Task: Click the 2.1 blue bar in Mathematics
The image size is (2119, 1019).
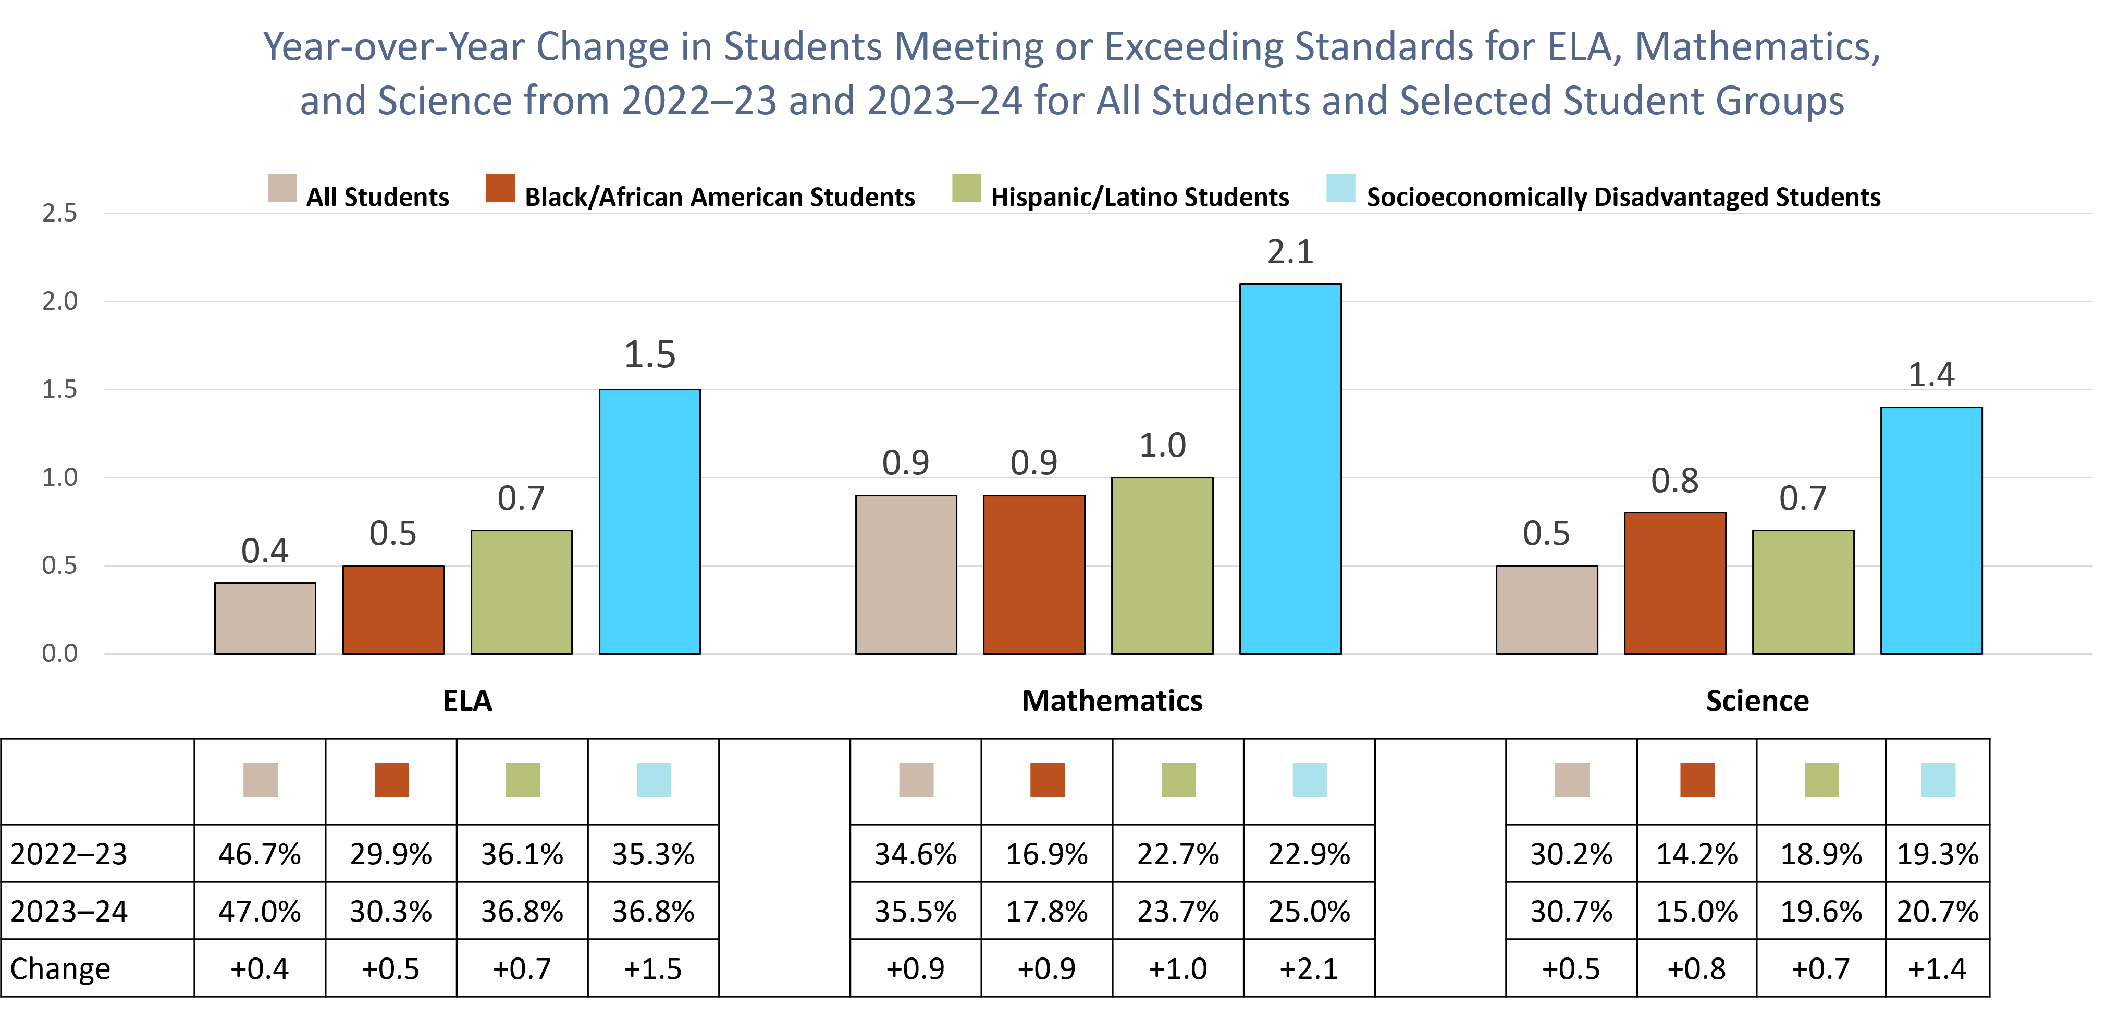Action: coord(1290,469)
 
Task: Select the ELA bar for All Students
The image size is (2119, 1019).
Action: coord(265,619)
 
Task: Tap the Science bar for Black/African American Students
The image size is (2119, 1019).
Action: coord(1675,583)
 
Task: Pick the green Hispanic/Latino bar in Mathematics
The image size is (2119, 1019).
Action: coord(1162,566)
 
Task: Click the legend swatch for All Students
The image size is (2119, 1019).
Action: coord(282,188)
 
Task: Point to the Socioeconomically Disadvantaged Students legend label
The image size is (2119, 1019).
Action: coord(1623,198)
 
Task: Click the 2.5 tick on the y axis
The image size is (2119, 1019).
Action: coord(59,213)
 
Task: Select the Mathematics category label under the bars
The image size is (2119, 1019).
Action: coord(1111,701)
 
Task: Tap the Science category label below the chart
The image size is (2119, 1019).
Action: coord(1757,701)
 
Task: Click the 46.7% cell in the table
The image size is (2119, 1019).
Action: coord(260,854)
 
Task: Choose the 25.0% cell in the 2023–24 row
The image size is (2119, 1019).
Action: coord(1309,911)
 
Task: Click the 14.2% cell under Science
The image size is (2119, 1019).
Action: coord(1696,854)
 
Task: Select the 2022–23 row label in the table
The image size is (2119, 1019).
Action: coord(69,854)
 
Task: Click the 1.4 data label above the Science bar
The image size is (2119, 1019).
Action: coord(1931,375)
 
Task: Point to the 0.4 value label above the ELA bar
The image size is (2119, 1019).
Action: coord(265,551)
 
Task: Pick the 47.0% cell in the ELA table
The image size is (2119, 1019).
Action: coord(260,911)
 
